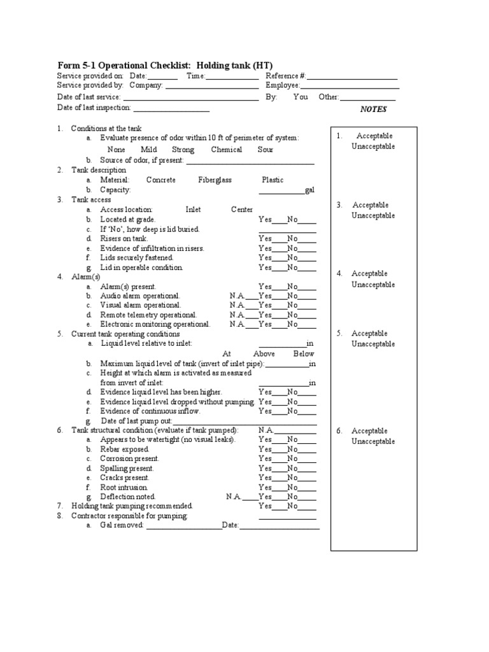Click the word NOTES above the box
(x=373, y=109)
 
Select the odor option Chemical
(x=226, y=150)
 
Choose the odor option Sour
(x=265, y=150)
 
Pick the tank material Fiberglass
(x=215, y=180)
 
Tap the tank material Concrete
(x=160, y=180)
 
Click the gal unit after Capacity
(x=310, y=190)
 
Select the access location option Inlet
(x=193, y=209)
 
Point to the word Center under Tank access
(x=241, y=209)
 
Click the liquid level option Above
(x=264, y=354)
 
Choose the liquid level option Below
(x=304, y=354)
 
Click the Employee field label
(x=283, y=85)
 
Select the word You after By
(x=301, y=97)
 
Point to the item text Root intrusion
(x=125, y=487)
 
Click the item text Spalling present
(x=127, y=468)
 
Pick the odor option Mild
(x=149, y=150)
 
